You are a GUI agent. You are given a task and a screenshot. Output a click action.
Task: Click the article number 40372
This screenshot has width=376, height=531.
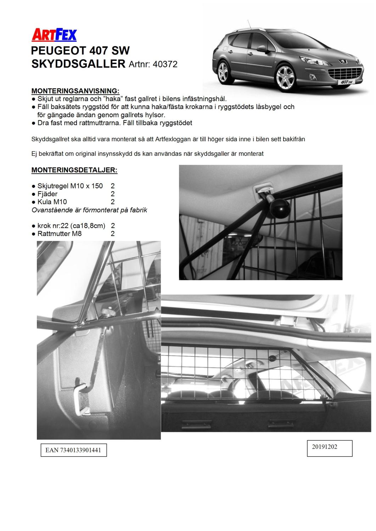pos(164,64)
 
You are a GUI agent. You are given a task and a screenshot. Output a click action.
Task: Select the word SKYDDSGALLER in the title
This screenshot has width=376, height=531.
pos(78,64)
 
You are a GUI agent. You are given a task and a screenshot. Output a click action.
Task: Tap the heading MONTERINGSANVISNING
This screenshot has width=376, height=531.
pos(75,91)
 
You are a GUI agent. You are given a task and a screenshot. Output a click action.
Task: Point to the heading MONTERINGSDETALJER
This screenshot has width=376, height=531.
pos(74,170)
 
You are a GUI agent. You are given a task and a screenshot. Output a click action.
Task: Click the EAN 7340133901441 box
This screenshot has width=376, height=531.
pos(73,450)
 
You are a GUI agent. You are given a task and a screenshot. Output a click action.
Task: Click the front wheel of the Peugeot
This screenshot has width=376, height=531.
pos(285,77)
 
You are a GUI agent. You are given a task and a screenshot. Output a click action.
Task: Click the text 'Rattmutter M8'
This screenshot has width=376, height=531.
pos(60,233)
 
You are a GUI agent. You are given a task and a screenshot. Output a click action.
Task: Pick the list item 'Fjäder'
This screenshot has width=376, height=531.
pos(47,194)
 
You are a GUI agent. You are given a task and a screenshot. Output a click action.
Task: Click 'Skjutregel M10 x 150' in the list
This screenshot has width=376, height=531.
pos(70,186)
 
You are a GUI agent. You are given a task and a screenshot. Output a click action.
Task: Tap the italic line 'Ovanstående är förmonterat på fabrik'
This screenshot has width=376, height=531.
pos(89,210)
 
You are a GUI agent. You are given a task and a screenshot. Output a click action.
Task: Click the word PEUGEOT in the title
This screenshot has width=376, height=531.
pos(58,51)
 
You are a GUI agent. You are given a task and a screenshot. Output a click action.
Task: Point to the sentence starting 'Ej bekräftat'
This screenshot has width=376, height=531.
pos(147,154)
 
